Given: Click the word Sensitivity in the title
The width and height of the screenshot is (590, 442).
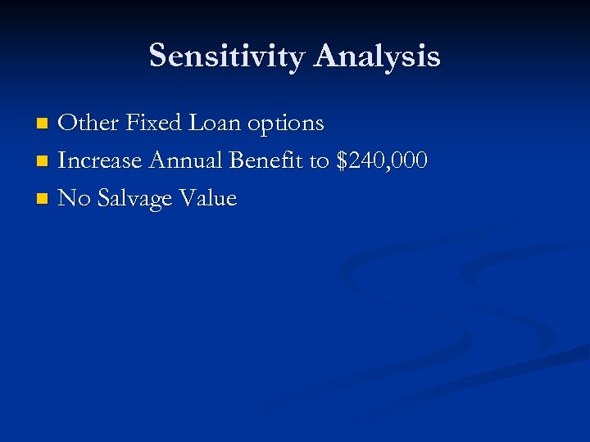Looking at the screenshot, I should pos(227,56).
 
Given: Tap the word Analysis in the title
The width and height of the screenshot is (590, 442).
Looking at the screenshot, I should pos(376,56).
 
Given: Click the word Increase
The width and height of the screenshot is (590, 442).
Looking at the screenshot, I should pos(100,160).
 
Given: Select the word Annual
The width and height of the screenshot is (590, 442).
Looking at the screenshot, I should pos(186,160).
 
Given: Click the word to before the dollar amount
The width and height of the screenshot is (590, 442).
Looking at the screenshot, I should pos(319,161).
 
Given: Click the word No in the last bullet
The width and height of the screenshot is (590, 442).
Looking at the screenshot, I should pos(73,198).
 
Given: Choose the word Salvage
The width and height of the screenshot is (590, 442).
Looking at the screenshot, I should pos(134,200).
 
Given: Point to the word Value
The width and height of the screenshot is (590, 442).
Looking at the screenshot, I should pos(209,198).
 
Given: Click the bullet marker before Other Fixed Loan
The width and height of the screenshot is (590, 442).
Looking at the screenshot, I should pos(43,124).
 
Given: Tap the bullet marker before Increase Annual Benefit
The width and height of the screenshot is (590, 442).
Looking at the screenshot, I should pos(43,161).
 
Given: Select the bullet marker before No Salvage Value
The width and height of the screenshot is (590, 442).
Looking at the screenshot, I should pos(43,199).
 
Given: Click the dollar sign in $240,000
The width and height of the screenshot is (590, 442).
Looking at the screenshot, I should pos(343,161).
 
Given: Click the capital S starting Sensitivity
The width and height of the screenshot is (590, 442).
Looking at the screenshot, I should pos(159,56).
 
